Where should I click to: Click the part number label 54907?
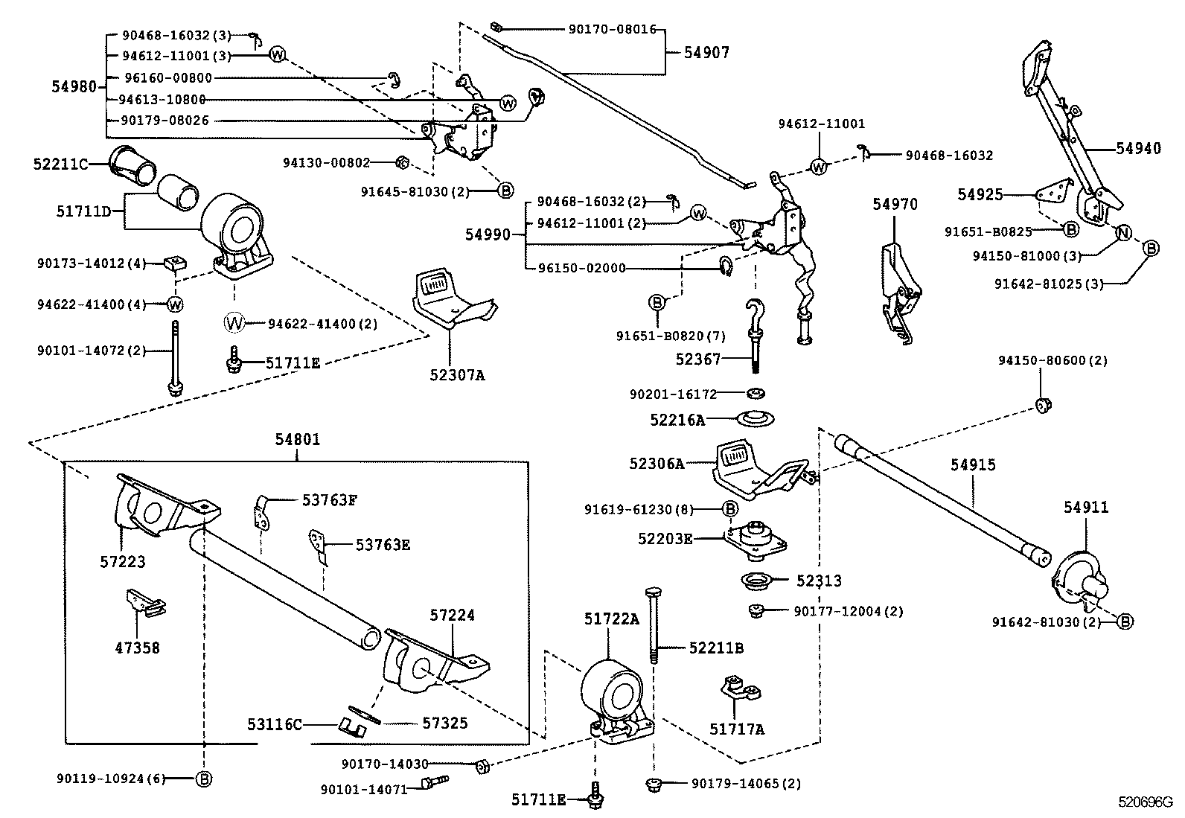706,52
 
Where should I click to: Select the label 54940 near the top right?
1137,148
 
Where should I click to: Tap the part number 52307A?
456,375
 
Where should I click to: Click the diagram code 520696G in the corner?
1145,802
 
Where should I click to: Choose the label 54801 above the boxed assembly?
297,439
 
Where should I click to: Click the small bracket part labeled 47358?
144,601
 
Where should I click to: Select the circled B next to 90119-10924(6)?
203,779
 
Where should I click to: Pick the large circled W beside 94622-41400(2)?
234,323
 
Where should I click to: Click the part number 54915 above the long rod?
972,464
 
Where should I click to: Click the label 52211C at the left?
60,163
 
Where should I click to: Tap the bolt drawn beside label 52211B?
652,622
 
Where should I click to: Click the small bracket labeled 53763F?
261,511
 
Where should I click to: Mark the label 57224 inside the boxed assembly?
451,616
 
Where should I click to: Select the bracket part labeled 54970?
899,290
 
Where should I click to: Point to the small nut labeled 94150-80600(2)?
1044,406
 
